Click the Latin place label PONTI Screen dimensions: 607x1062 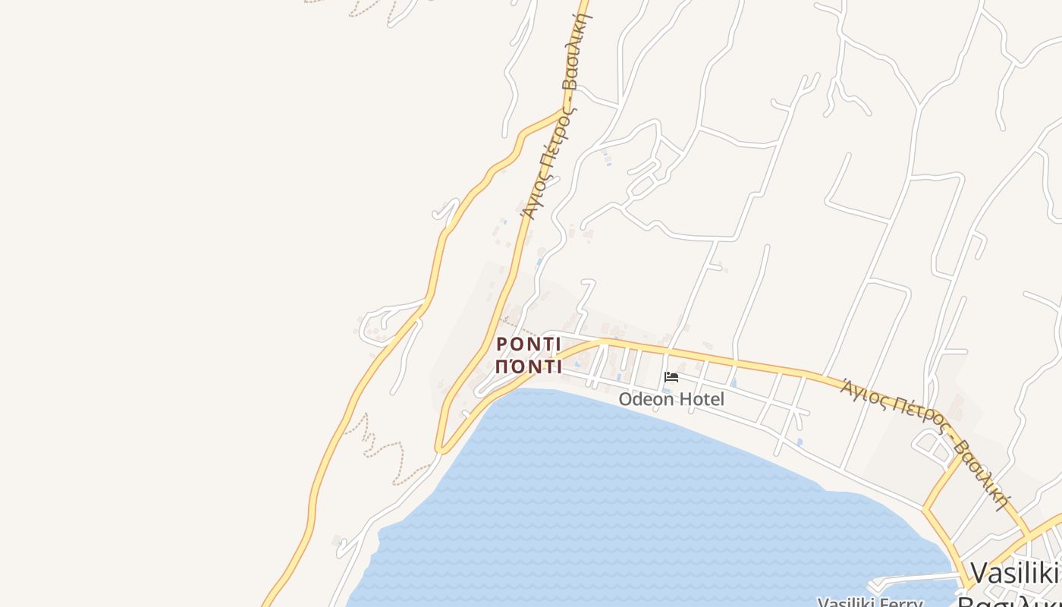click(x=529, y=344)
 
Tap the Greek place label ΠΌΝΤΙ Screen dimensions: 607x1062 click(x=529, y=367)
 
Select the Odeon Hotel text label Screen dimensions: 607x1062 click(x=671, y=399)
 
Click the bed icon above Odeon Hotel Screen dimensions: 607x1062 click(x=671, y=377)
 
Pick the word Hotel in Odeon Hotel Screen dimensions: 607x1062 click(x=702, y=399)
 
